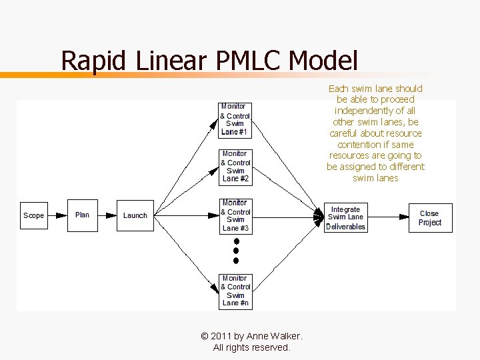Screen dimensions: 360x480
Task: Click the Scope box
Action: (33, 215)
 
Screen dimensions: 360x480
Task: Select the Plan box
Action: (82, 215)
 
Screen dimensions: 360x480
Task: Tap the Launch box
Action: (135, 215)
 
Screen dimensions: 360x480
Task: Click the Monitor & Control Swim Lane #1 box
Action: (235, 120)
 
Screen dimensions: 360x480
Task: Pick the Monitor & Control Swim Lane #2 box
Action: (235, 167)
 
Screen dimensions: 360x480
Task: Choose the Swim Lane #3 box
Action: (235, 215)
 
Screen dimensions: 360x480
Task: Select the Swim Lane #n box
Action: (235, 291)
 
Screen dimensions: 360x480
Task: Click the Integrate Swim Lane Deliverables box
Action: (345, 218)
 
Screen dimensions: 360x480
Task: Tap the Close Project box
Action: (430, 218)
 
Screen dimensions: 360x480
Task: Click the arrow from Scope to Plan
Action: (57, 215)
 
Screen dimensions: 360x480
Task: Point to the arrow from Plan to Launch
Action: (107, 215)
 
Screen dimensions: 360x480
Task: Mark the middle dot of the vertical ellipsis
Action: (236, 251)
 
